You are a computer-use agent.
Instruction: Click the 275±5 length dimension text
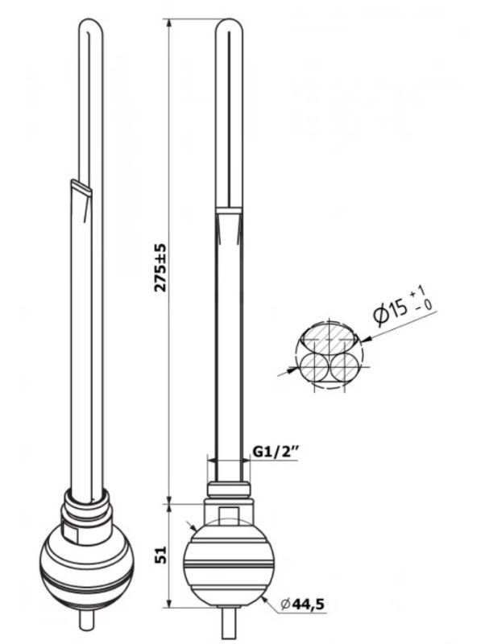(160, 267)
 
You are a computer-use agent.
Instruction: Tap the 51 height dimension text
(161, 555)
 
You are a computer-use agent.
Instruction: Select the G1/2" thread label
(275, 452)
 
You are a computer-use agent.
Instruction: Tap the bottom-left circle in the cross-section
(313, 367)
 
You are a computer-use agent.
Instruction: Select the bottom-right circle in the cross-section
(345, 367)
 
